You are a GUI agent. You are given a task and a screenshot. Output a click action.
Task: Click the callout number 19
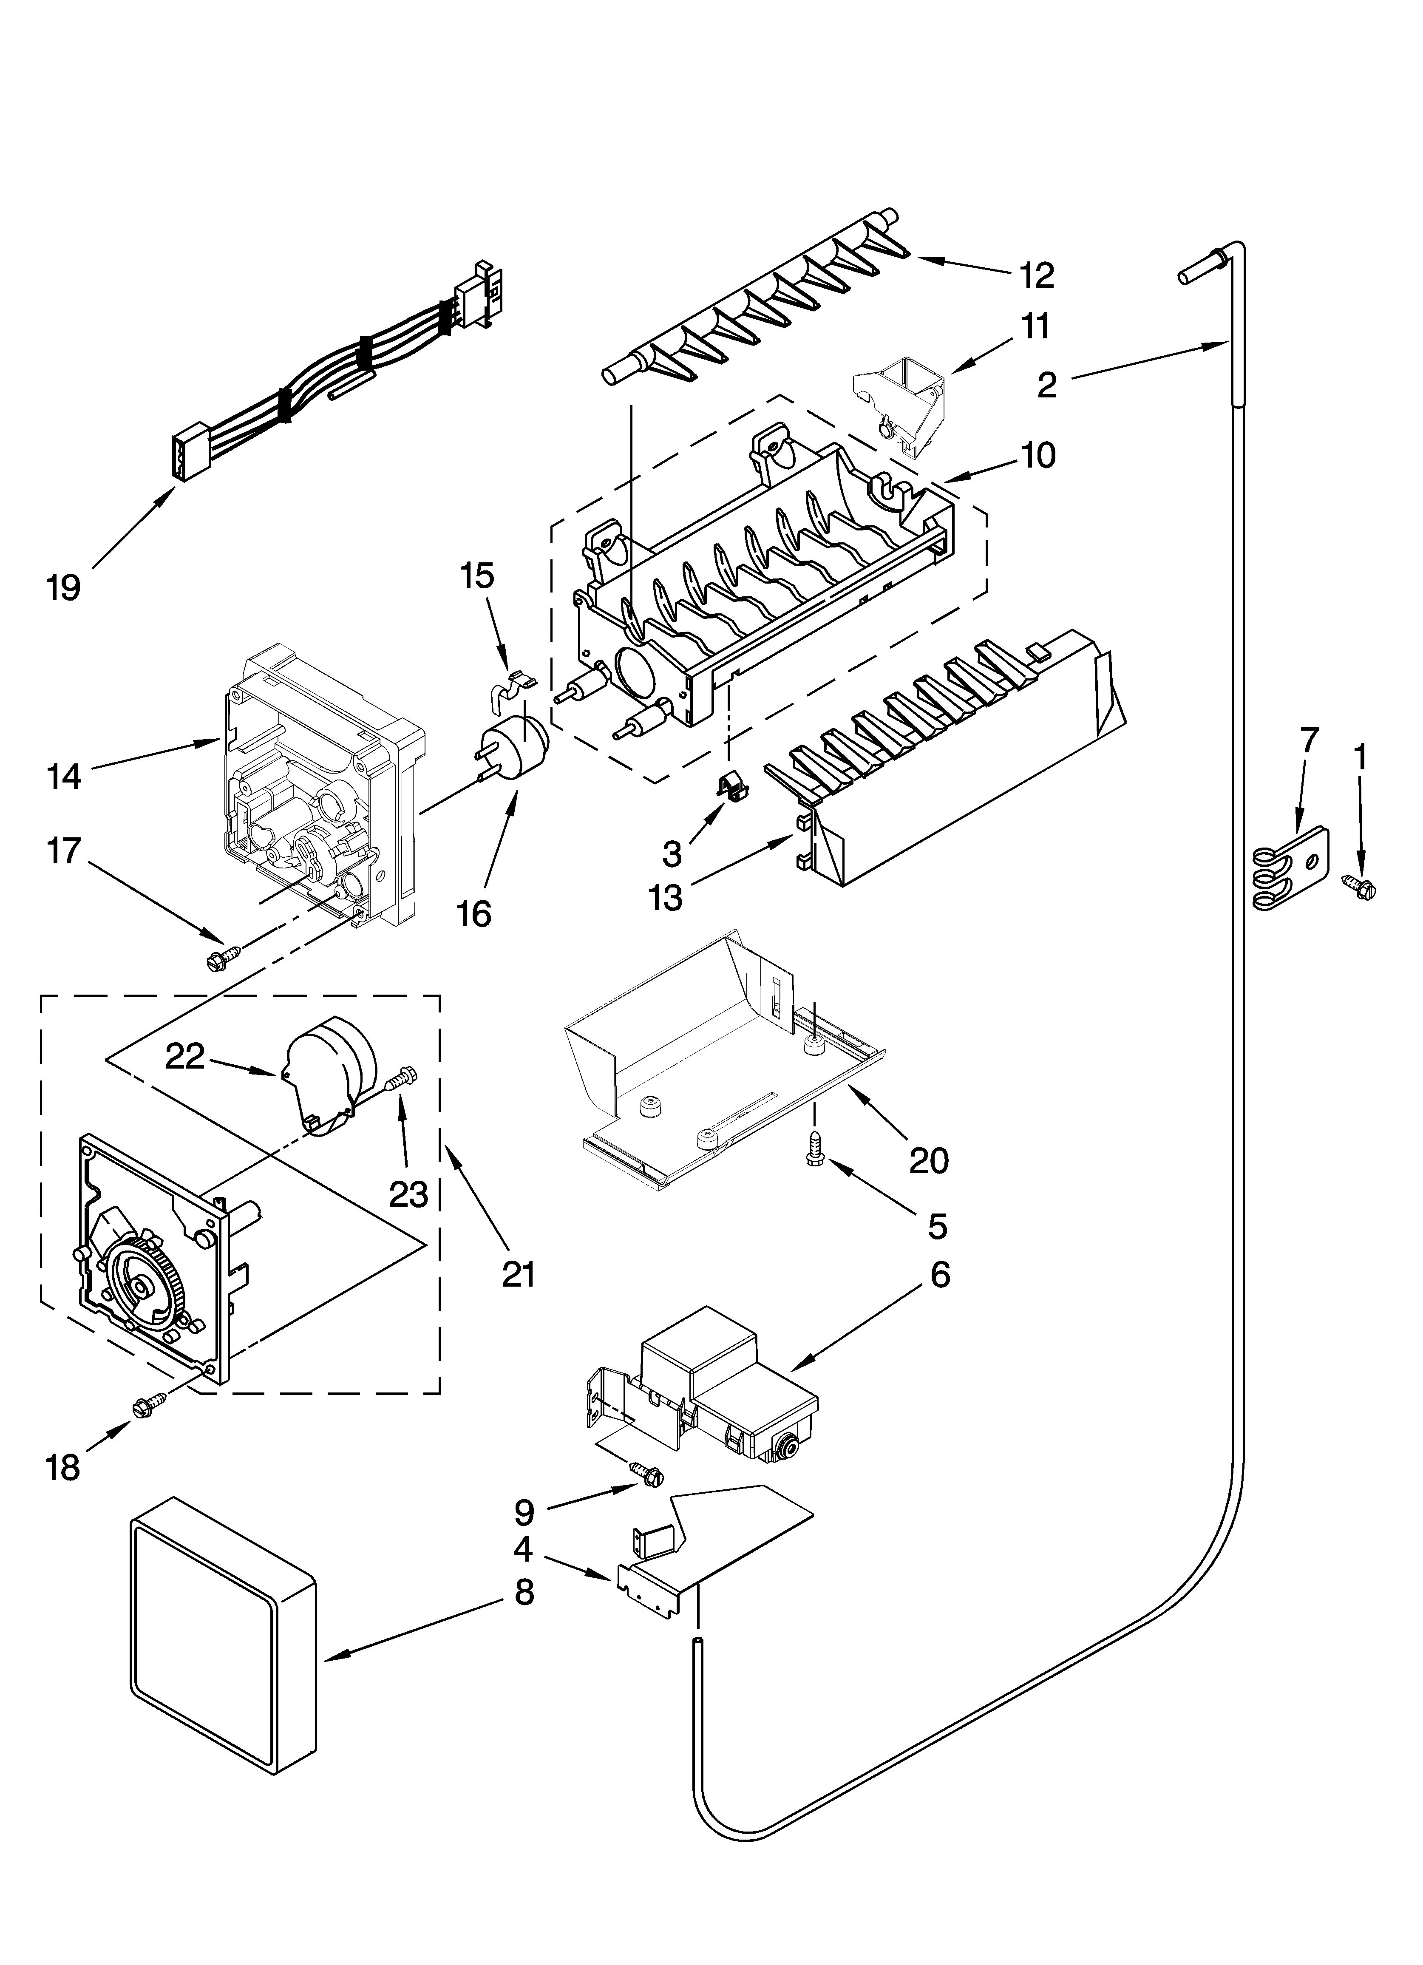click(63, 588)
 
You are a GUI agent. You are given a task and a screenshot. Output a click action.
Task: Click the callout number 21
click(518, 1273)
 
